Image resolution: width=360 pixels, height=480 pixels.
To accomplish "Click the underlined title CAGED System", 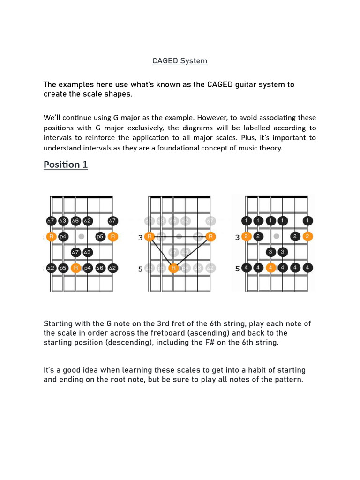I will tap(180, 61).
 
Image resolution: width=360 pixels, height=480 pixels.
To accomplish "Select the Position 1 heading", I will tap(66, 165).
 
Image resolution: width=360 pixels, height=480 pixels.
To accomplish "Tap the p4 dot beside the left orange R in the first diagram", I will tap(63, 237).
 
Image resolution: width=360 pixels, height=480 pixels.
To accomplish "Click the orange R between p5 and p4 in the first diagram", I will tap(75, 268).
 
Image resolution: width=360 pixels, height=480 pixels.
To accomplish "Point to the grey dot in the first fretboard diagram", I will tap(82, 237).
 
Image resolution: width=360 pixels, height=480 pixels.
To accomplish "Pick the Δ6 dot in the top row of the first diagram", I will tap(75, 220).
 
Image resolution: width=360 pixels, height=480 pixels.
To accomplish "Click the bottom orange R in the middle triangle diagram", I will tap(173, 268).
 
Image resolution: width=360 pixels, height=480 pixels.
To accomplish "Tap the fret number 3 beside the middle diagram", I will tap(140, 238).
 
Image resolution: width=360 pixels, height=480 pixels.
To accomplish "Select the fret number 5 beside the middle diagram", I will tap(140, 269).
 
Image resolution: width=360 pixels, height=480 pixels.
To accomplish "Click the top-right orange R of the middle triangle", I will tap(210, 237).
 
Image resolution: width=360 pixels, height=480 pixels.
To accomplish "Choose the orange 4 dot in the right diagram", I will tap(270, 268).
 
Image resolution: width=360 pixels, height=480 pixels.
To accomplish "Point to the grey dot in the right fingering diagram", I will tap(277, 237).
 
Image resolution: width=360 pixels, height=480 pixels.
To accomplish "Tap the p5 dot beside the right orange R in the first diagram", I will tap(100, 237).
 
